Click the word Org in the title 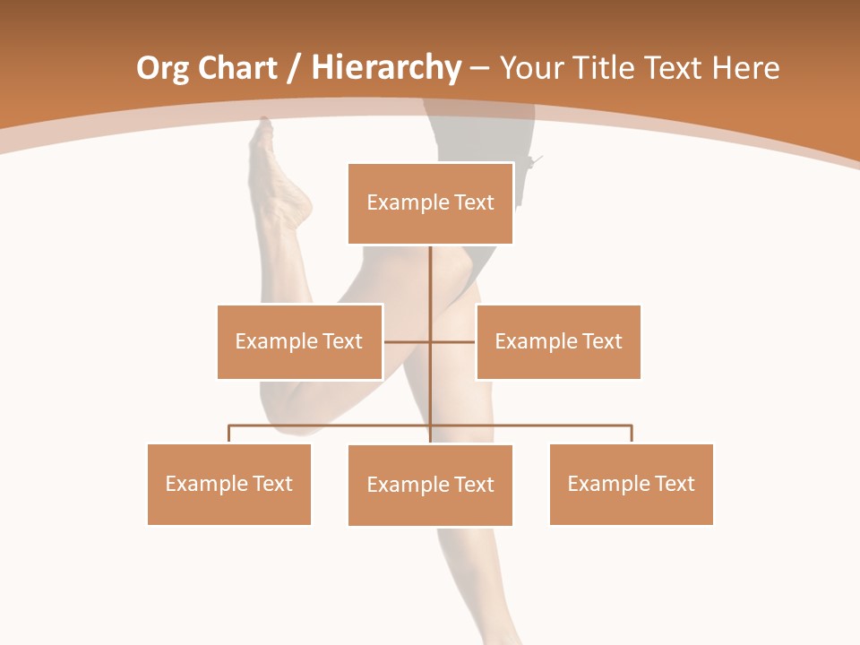pyautogui.click(x=163, y=69)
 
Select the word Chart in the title pyautogui.click(x=236, y=69)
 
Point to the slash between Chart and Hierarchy pyautogui.click(x=294, y=69)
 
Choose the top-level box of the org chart pyautogui.click(x=430, y=203)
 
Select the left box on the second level pyautogui.click(x=299, y=341)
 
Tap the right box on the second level pyautogui.click(x=558, y=341)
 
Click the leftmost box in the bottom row pyautogui.click(x=229, y=484)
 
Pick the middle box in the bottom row pyautogui.click(x=430, y=485)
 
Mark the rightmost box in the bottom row pyautogui.click(x=631, y=484)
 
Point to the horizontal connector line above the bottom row pyautogui.click(x=331, y=426)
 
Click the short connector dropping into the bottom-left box pyautogui.click(x=229, y=434)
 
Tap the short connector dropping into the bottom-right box pyautogui.click(x=632, y=434)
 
